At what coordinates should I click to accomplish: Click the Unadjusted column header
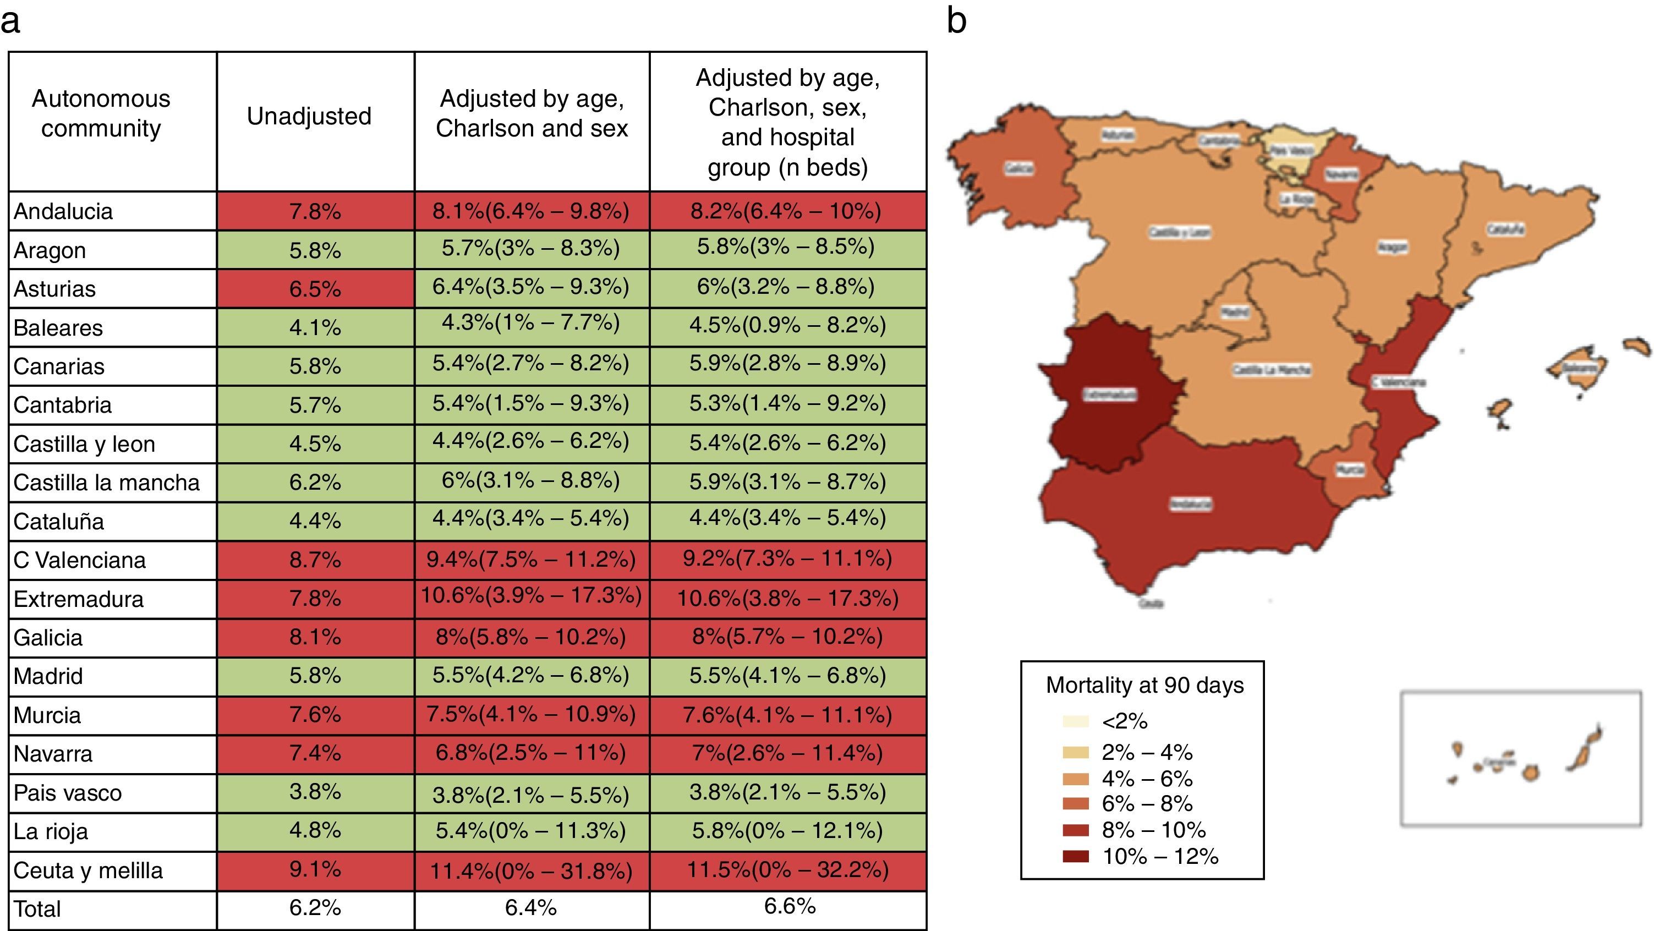point(309,116)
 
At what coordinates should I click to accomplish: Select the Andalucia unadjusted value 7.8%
point(315,211)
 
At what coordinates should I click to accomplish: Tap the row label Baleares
point(58,328)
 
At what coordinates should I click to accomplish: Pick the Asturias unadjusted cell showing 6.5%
point(315,289)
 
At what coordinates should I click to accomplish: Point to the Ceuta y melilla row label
point(88,870)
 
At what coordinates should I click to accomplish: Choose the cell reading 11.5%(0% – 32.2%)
point(788,870)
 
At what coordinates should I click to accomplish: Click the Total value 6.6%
point(790,907)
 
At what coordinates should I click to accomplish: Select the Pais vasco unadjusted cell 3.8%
point(315,792)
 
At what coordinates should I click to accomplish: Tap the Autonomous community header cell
point(101,114)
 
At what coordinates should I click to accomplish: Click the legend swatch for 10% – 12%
point(1076,856)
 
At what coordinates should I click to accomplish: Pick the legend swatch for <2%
point(1076,721)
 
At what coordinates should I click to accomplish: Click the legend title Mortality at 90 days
point(1144,685)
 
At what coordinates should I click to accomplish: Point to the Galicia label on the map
point(1019,169)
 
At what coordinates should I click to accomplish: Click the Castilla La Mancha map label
point(1272,370)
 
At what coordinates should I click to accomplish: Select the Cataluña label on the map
point(1505,229)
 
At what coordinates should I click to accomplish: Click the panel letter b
point(956,21)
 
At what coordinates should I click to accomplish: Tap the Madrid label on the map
point(1235,313)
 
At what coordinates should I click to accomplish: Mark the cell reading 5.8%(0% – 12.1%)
point(788,831)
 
